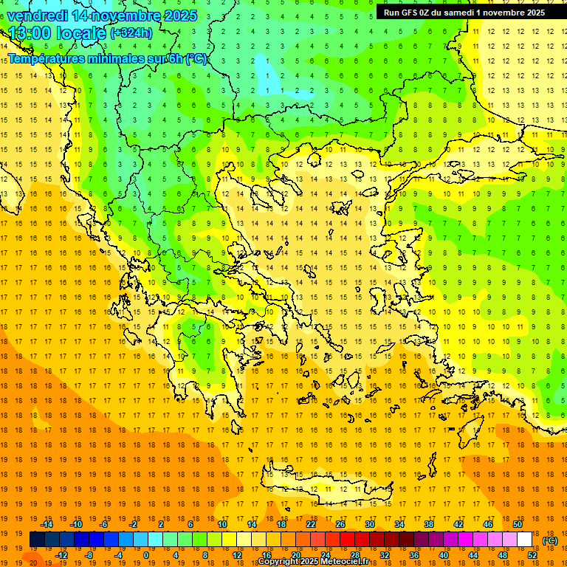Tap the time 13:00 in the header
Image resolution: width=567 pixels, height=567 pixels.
[x=30, y=33]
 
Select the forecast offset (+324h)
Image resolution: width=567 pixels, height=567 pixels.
[x=131, y=32]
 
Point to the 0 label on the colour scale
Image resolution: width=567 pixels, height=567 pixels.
[x=145, y=554]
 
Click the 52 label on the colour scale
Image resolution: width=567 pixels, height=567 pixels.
[x=532, y=554]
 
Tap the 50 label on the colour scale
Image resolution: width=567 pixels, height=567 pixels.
[x=518, y=524]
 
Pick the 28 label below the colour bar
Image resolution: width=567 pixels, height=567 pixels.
[x=355, y=554]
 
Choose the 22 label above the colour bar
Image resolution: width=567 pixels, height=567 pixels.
[x=311, y=524]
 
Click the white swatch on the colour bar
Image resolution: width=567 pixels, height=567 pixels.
[x=525, y=540]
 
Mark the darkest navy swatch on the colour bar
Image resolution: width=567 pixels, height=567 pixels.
[x=37, y=540]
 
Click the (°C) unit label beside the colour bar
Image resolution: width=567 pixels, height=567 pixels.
[x=549, y=540]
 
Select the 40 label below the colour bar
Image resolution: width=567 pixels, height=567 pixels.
[x=444, y=554]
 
